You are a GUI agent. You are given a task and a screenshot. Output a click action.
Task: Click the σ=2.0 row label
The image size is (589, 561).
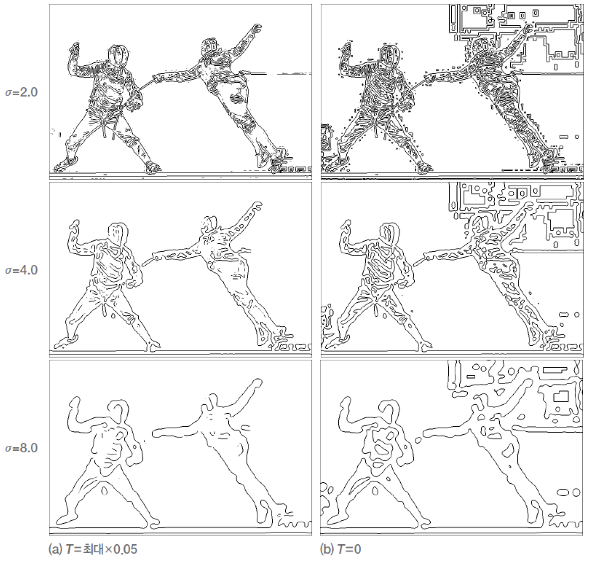pyautogui.click(x=21, y=92)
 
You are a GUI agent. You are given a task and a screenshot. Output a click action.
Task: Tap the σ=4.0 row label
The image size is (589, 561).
pyautogui.click(x=21, y=270)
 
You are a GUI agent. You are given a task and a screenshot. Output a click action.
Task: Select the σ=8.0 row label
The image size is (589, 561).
pyautogui.click(x=21, y=448)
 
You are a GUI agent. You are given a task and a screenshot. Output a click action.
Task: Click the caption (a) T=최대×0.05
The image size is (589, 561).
pyautogui.click(x=93, y=549)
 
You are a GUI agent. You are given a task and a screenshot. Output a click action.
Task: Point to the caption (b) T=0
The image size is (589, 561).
pyautogui.click(x=341, y=549)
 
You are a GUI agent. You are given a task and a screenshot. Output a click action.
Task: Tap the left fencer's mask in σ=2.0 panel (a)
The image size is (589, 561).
pyautogui.click(x=118, y=56)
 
